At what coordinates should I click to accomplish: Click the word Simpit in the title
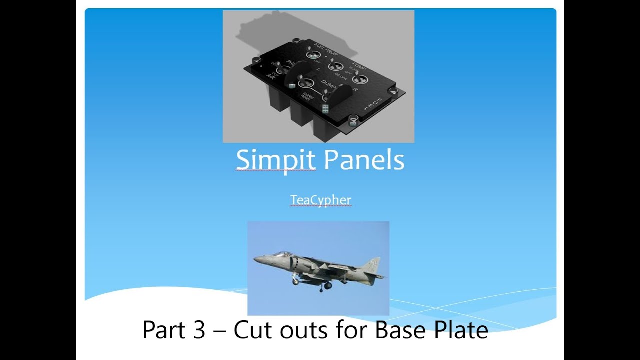(x=275, y=160)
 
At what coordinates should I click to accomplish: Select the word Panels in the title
(x=364, y=160)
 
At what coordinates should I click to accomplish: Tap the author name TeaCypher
(x=321, y=200)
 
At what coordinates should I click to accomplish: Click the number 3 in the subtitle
(x=198, y=330)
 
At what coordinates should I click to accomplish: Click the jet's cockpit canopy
(x=283, y=255)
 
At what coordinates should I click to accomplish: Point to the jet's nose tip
(x=254, y=260)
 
